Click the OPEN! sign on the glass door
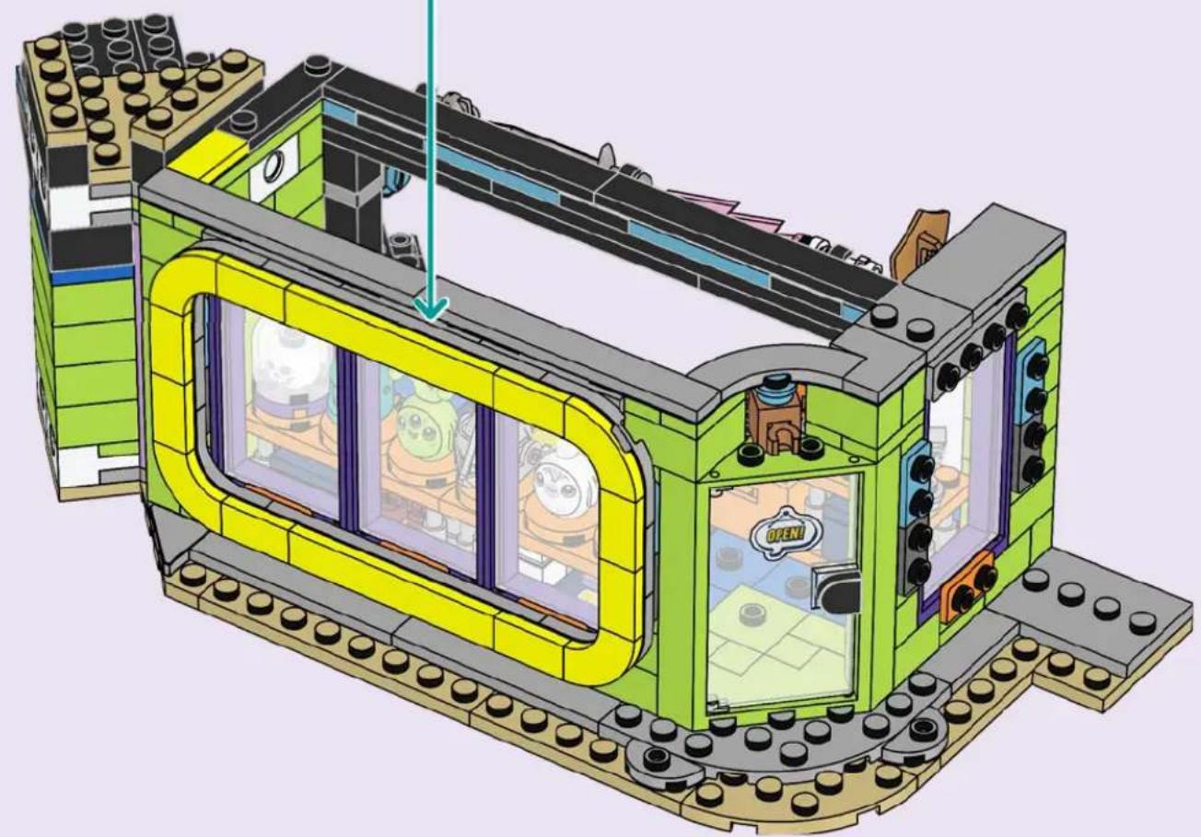[786, 531]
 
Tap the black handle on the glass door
[835, 592]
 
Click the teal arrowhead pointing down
[431, 310]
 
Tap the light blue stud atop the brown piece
[775, 382]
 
